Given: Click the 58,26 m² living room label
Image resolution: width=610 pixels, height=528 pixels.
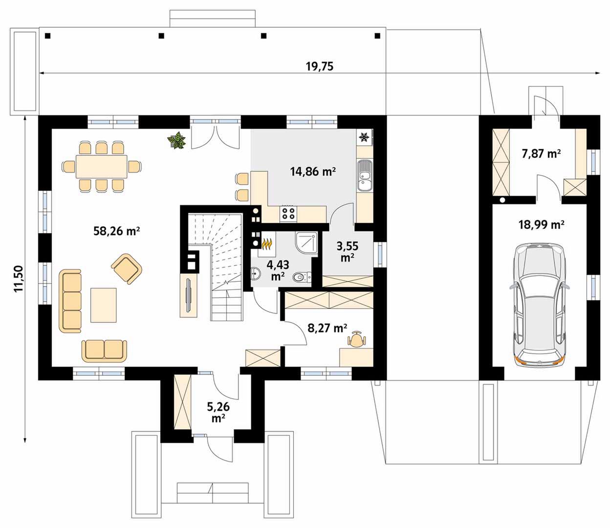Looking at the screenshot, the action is [116, 231].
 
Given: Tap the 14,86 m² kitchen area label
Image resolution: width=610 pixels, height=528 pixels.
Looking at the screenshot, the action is [313, 171].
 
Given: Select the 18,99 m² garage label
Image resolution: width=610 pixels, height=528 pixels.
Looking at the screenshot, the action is [542, 225].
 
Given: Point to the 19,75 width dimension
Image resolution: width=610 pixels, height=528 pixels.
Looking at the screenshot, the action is [320, 66].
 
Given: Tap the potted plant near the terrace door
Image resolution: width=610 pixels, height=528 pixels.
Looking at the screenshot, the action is [177, 140].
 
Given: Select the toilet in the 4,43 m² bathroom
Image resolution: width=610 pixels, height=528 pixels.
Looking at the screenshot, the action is [302, 277].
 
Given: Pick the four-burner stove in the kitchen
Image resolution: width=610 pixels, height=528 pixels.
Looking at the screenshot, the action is [288, 214].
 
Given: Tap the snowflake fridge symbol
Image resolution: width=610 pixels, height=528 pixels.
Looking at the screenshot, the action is [364, 137].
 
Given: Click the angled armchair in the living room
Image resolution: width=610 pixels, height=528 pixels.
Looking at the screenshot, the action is [127, 269].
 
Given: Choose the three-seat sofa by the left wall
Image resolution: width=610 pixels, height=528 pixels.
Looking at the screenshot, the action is [70, 301].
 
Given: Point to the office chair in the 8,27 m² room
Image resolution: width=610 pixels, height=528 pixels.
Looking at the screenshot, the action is [357, 339].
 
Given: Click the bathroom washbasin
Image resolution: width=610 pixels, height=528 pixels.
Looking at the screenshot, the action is [256, 274].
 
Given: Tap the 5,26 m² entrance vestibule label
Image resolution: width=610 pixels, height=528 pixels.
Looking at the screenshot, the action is [218, 412].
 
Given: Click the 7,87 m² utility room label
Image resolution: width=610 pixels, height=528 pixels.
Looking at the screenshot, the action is [541, 154].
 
